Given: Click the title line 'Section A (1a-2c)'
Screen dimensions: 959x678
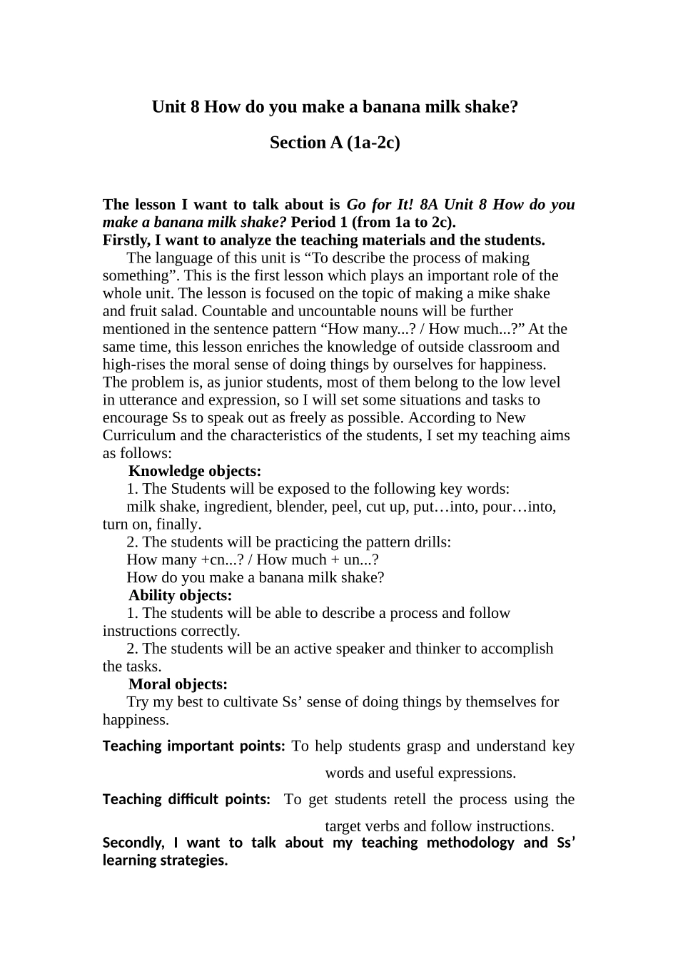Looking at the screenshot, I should tap(335, 143).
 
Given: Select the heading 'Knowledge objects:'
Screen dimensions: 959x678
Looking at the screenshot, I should tap(195, 471).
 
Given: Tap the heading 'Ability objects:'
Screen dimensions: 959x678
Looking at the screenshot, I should tap(181, 595).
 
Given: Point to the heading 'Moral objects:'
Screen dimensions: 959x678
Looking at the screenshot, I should tap(178, 684).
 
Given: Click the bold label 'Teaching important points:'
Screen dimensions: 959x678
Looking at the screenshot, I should tap(194, 746).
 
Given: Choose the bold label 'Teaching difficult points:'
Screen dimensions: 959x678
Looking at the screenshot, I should tap(186, 800).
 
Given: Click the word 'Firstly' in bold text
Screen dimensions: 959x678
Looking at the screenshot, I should tap(126, 240).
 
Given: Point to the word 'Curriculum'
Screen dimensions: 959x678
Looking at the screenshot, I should tap(139, 435).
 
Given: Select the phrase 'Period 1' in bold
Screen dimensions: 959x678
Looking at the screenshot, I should tap(319, 222).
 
